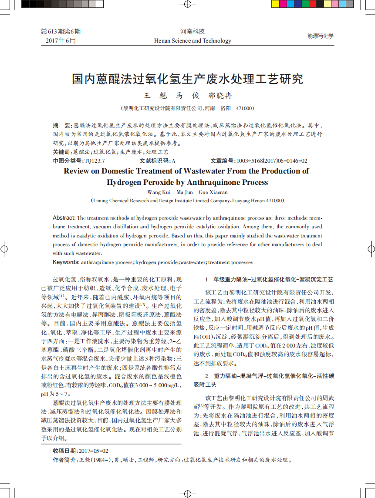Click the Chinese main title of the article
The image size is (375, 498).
tap(187, 79)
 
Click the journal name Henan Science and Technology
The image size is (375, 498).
tap(193, 41)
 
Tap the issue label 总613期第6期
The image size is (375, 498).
tap(61, 31)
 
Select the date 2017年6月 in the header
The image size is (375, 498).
tap(61, 40)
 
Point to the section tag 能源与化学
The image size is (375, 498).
tap(320, 36)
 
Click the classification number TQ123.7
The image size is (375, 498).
tap(95, 160)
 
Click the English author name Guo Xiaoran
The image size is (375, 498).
tap(213, 192)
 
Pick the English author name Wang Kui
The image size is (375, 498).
tap(159, 192)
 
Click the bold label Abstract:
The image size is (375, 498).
tap(64, 218)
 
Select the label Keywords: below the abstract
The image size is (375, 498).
tap(66, 262)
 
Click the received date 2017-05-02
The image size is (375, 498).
tap(94, 451)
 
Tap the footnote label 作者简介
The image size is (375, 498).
tap(63, 459)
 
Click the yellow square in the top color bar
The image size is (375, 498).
tap(276, 4)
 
